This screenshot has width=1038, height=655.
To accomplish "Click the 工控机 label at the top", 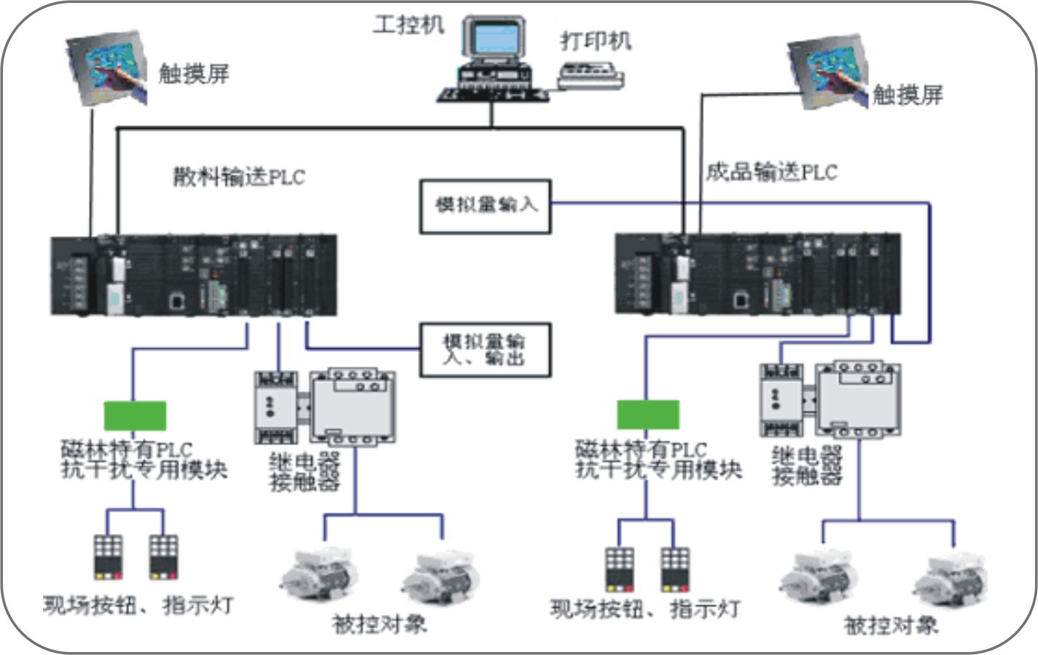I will (408, 25).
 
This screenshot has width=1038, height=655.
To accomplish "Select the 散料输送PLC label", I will (238, 177).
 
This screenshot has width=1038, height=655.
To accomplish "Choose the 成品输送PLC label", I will (771, 173).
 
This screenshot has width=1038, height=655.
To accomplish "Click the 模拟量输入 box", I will (485, 206).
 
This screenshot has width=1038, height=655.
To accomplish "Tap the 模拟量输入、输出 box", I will (485, 350).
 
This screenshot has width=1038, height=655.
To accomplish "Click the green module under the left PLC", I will (135, 415).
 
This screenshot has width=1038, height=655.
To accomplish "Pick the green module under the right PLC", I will (648, 415).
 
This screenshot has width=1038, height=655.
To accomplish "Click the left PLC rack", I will (194, 275).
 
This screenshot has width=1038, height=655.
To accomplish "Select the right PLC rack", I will (758, 273).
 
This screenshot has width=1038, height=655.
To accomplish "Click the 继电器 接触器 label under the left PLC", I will (305, 471).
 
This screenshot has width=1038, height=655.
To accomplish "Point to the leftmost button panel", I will (108, 557).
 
